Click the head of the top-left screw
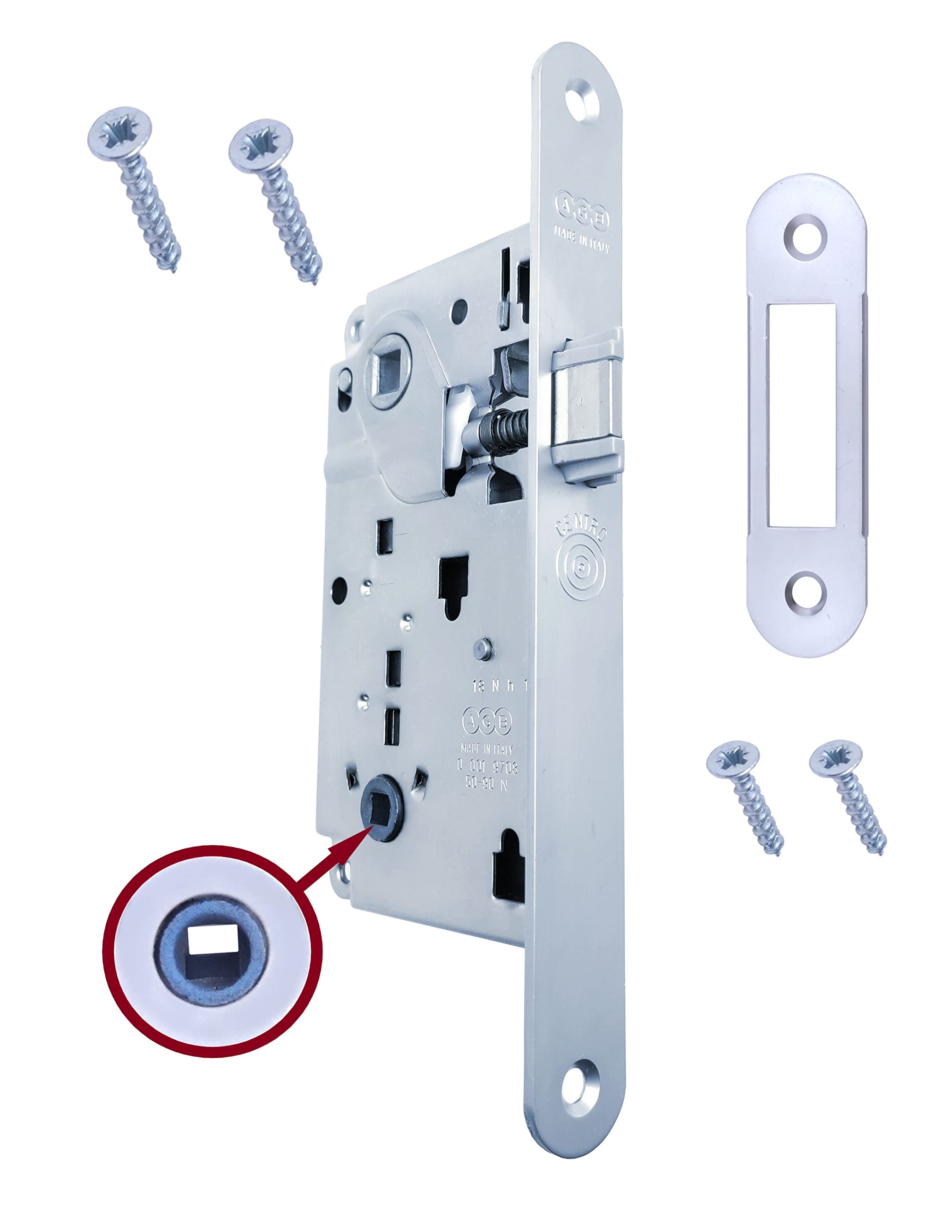click(x=119, y=134)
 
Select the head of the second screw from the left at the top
click(x=260, y=146)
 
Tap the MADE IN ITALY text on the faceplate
click(x=581, y=242)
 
